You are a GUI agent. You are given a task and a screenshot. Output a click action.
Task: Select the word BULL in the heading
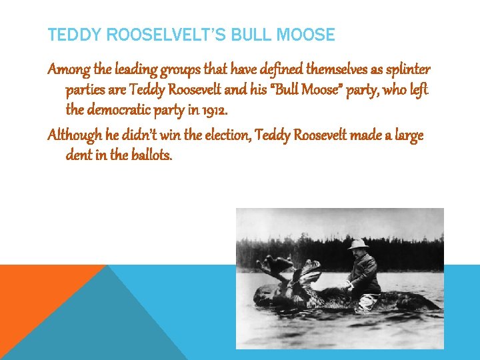(x=249, y=35)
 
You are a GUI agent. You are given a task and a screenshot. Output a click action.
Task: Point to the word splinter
(x=407, y=70)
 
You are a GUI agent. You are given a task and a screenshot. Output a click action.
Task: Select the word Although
(x=75, y=136)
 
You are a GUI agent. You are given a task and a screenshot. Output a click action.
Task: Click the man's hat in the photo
(x=358, y=243)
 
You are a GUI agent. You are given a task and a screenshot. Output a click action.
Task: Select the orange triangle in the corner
(x=33, y=287)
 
